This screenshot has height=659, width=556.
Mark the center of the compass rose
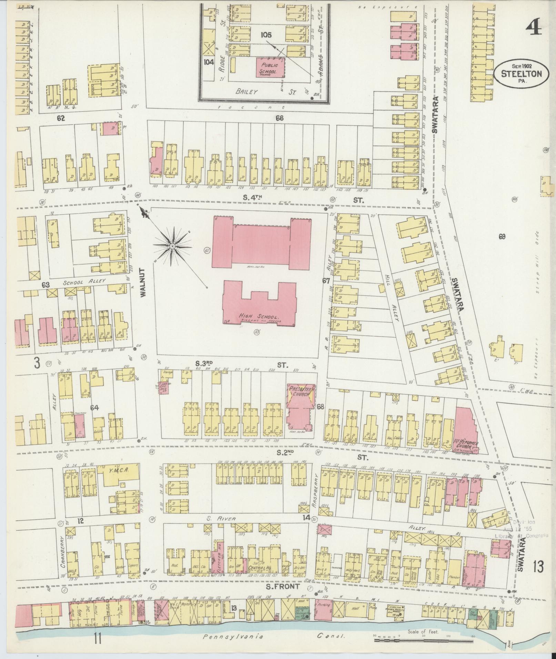pyautogui.click(x=172, y=246)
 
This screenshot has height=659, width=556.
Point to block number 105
pyautogui.click(x=266, y=35)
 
